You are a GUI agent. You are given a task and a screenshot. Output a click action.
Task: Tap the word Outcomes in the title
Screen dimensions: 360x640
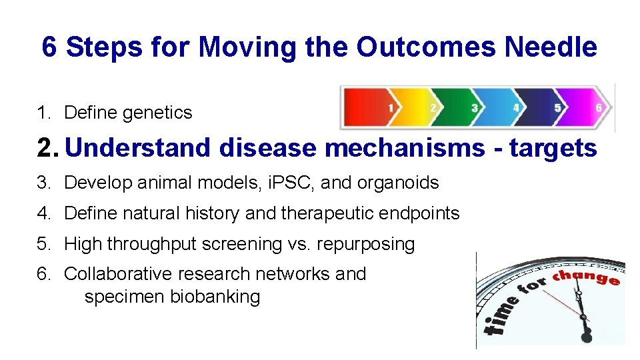pos(427,47)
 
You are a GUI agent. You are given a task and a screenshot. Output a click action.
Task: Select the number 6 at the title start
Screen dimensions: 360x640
pos(49,47)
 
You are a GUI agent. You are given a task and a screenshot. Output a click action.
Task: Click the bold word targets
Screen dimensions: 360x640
pos(553,148)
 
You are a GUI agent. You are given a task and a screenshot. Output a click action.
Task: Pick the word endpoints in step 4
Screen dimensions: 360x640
pos(420,213)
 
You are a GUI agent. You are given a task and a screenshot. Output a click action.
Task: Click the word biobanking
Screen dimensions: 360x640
pos(215,297)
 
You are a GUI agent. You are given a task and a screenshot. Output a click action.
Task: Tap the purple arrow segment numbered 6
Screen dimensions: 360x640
pos(590,107)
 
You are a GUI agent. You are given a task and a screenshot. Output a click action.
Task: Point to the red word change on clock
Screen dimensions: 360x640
pos(587,276)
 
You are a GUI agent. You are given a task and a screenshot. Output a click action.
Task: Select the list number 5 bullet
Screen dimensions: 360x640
pos(43,244)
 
